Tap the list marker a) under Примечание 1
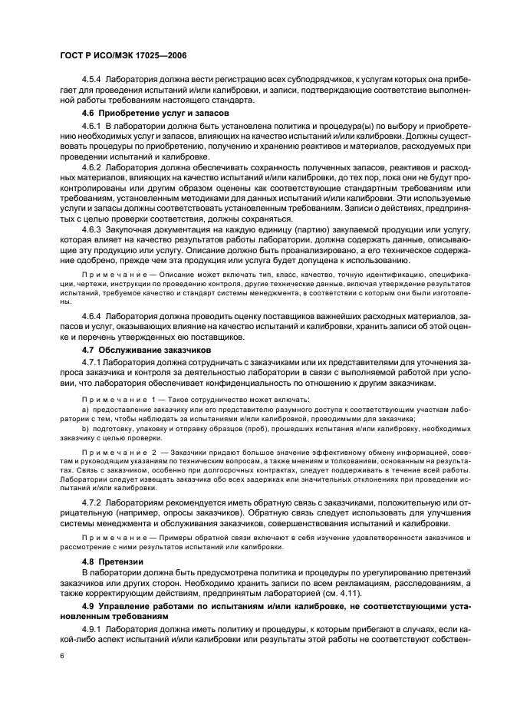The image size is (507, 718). (85, 410)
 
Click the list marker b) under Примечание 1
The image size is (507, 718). (85, 428)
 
